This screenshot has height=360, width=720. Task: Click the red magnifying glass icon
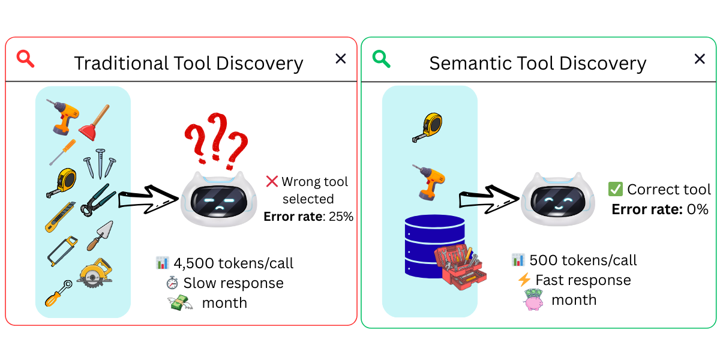pyautogui.click(x=25, y=58)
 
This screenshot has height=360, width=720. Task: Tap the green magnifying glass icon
pyautogui.click(x=381, y=58)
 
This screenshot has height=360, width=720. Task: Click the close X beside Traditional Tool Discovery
pyautogui.click(x=340, y=58)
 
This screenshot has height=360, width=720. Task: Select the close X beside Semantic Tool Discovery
pyautogui.click(x=700, y=58)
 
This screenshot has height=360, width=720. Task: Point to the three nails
pyautogui.click(x=99, y=164)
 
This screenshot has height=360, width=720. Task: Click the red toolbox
pyautogui.click(x=460, y=267)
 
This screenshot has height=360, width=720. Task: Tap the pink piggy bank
pyautogui.click(x=534, y=299)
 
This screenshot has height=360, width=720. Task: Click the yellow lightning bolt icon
pyautogui.click(x=524, y=280)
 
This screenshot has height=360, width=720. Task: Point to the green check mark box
pyautogui.click(x=616, y=190)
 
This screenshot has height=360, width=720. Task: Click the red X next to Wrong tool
pyautogui.click(x=272, y=181)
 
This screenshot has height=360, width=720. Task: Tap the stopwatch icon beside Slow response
pyautogui.click(x=172, y=283)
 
